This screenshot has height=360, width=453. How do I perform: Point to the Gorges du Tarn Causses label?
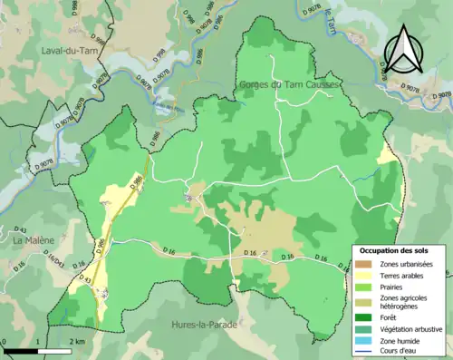click(x=288, y=84)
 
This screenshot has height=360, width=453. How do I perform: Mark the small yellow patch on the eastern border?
click(x=387, y=154)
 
